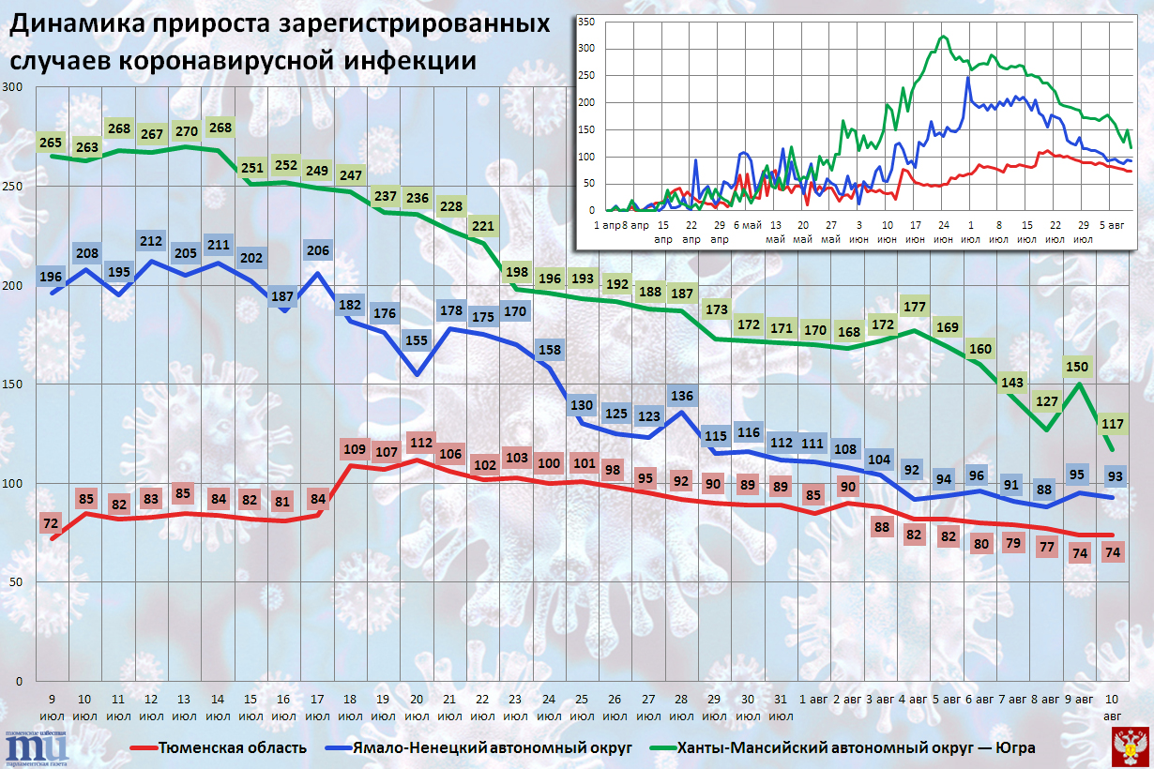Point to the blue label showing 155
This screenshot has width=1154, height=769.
(417, 342)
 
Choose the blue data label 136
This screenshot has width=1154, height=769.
(682, 396)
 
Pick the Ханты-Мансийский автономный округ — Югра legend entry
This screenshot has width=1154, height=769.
(856, 747)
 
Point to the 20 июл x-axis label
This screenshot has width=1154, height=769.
(417, 707)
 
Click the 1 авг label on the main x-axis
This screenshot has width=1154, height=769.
(812, 700)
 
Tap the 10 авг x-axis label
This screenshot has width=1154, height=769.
(1113, 707)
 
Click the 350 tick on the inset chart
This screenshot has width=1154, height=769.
(586, 22)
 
